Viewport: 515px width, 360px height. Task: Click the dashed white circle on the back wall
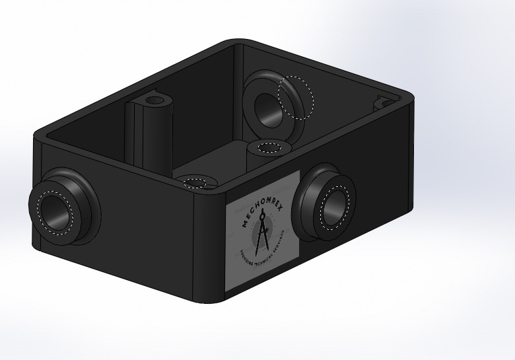click(295, 97)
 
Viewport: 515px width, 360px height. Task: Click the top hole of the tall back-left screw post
click(156, 100)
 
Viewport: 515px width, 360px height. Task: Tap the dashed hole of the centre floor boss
click(269, 147)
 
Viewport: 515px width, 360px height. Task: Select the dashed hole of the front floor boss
click(195, 182)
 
